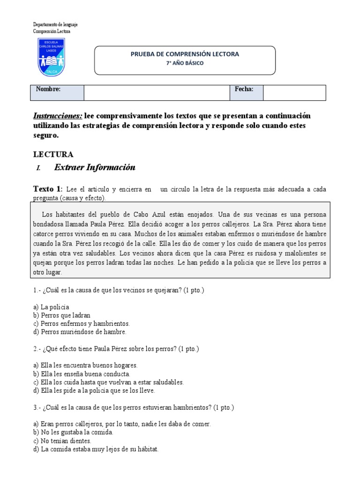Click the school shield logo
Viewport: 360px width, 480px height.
click(x=51, y=57)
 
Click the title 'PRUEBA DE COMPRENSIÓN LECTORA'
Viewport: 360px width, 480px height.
click(x=185, y=54)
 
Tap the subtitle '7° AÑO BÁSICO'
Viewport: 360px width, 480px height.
click(x=185, y=63)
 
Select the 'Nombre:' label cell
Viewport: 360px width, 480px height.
click(x=57, y=92)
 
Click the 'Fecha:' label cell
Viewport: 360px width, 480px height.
click(x=246, y=92)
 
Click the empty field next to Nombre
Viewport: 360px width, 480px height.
click(x=156, y=92)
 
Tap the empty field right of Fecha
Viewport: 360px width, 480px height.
click(x=294, y=92)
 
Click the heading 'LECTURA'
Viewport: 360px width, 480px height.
click(x=53, y=154)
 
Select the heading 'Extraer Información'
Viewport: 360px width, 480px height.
click(x=95, y=167)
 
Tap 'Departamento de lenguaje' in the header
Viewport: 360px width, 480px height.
click(x=55, y=24)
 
